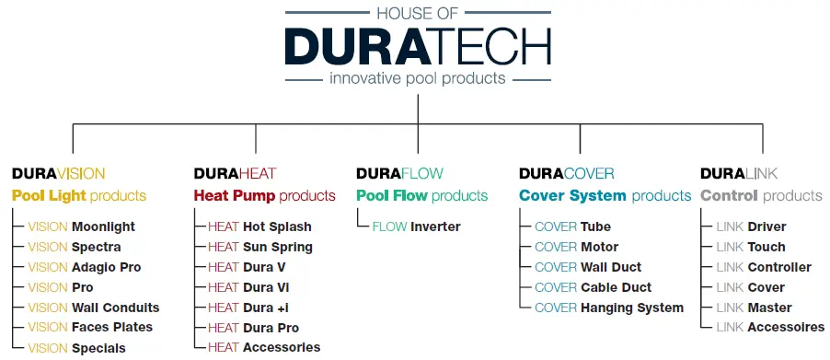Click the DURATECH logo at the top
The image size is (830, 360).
tap(417, 47)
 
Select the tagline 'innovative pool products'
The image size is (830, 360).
tap(417, 78)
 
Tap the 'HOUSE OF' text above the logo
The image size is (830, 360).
tap(417, 13)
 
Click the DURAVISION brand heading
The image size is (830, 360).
tap(58, 173)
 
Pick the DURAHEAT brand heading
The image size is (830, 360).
tap(235, 173)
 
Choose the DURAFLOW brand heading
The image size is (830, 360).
tap(398, 173)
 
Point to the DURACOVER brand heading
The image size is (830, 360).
tap(566, 173)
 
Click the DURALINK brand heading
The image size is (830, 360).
tap(738, 173)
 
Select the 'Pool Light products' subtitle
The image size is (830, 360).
tap(79, 195)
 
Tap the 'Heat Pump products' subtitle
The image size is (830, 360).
tap(264, 195)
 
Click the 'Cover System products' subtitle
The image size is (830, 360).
tap(605, 195)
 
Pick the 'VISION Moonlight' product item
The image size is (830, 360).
tap(81, 226)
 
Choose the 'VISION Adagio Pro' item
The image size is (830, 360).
tap(85, 267)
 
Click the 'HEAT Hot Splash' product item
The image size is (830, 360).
tap(259, 226)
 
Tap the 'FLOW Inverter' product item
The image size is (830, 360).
tap(416, 226)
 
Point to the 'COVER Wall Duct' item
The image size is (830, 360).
tap(587, 267)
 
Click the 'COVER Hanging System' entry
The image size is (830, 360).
tap(608, 308)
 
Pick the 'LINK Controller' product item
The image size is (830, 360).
tap(763, 267)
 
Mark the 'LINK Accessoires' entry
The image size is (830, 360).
tap(769, 327)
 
